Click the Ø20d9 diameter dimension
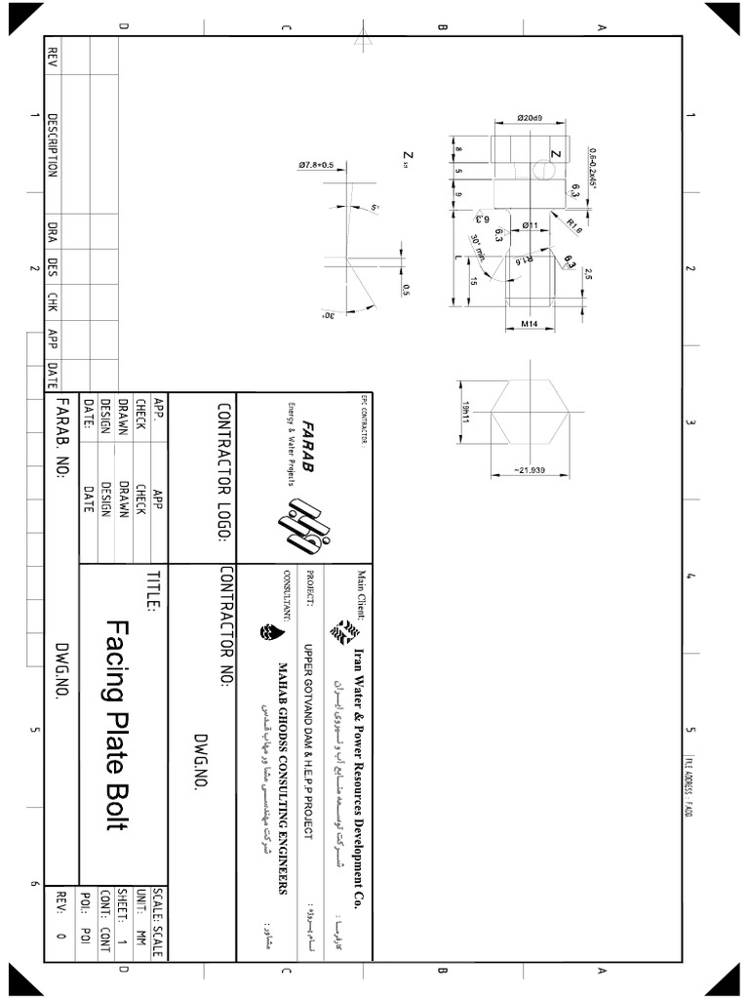point(531,119)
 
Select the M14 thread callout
point(530,323)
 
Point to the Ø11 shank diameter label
point(531,225)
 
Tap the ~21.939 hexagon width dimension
point(530,471)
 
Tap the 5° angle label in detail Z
point(374,208)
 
